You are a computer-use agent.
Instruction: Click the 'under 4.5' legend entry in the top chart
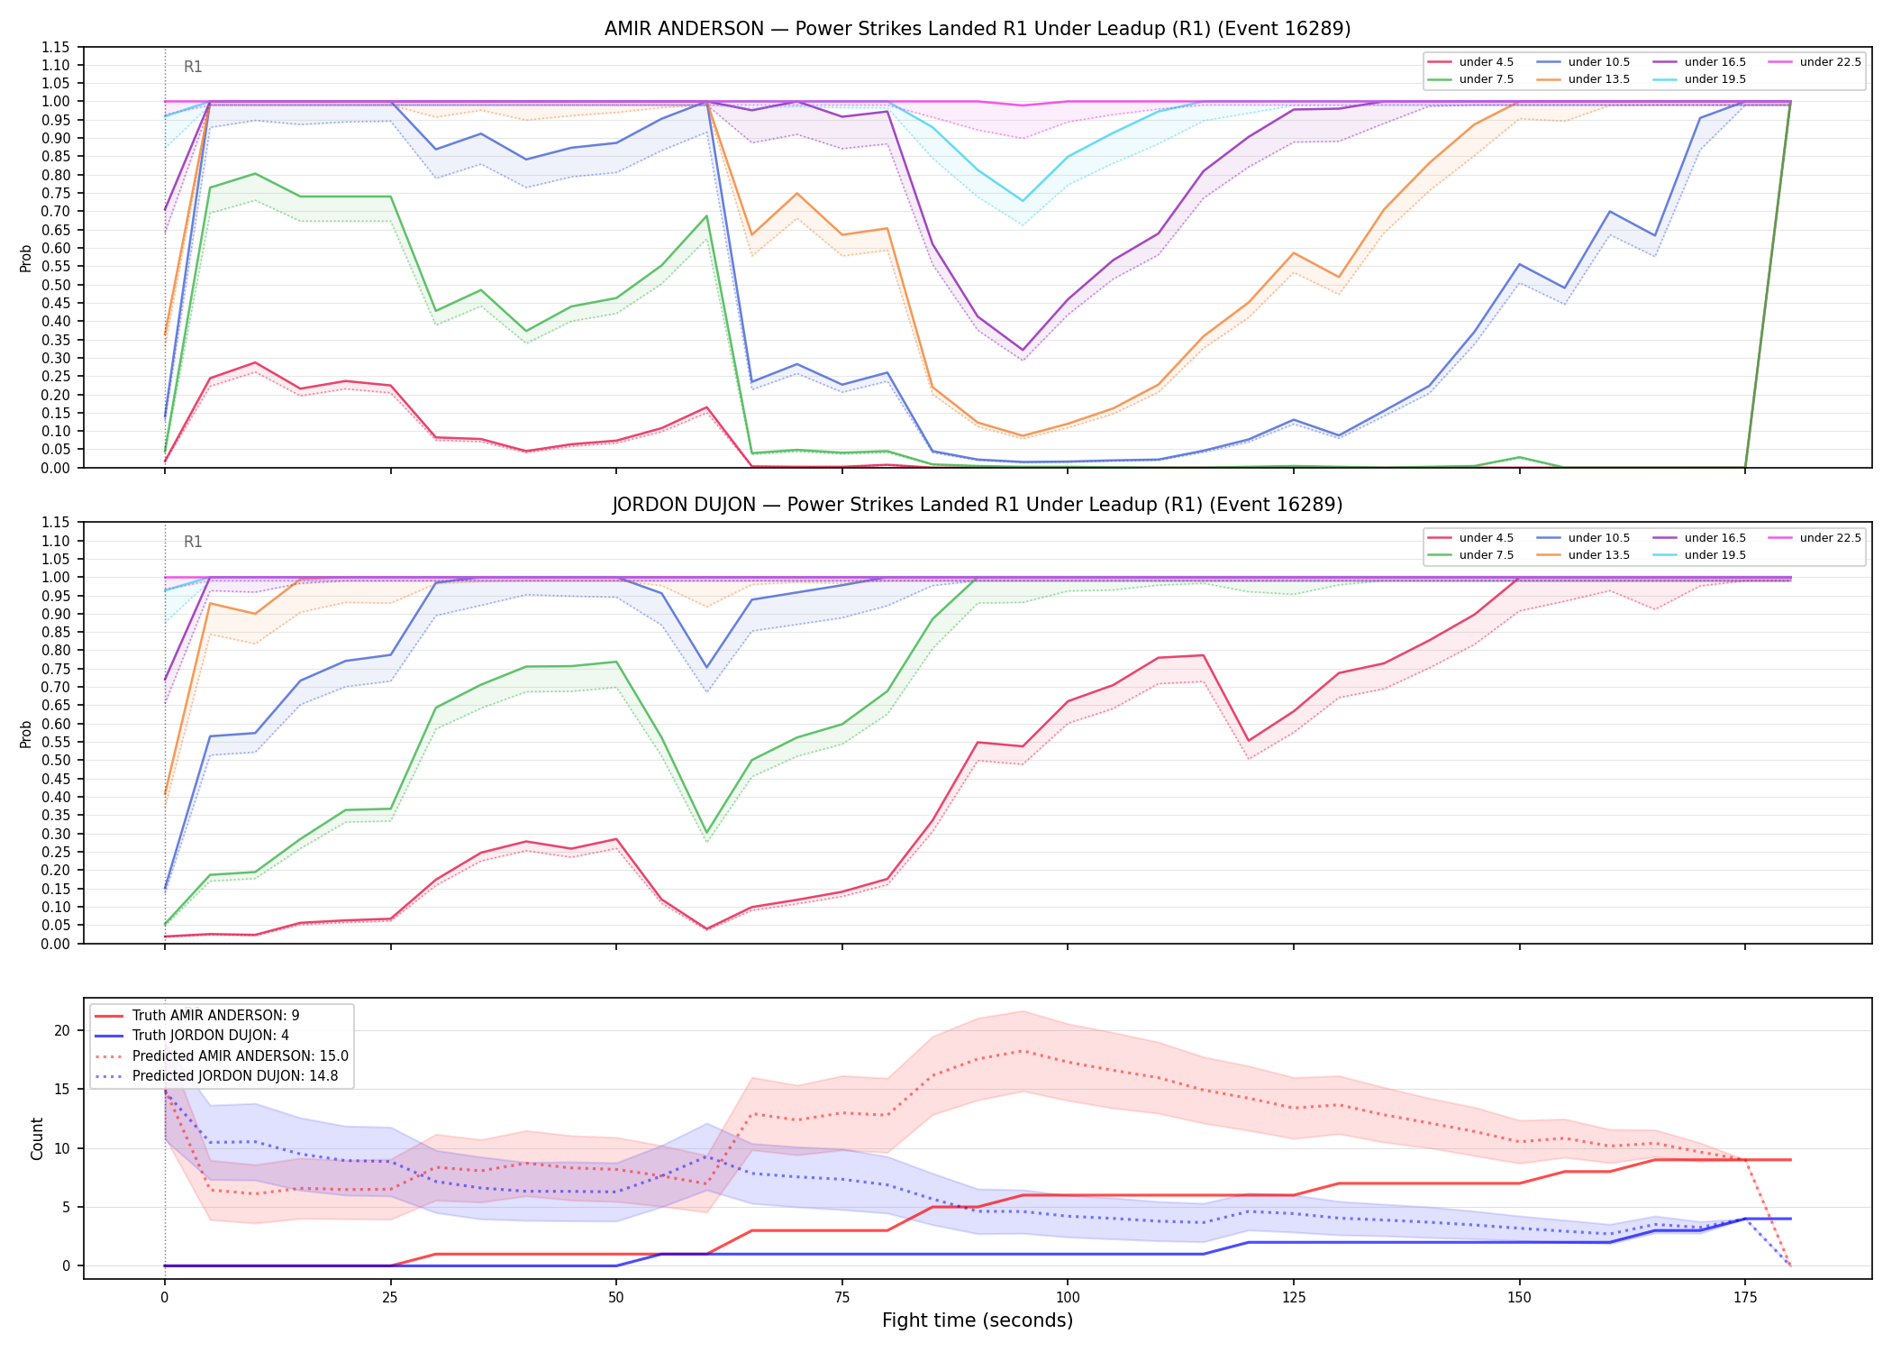(1471, 62)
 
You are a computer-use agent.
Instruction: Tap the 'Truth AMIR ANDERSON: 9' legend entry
(197, 1015)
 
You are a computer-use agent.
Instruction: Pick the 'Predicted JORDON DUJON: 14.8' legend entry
(216, 1076)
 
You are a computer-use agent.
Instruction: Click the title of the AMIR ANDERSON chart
(978, 29)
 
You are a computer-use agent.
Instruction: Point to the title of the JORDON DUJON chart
(978, 505)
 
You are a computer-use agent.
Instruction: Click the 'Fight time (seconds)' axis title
(978, 1320)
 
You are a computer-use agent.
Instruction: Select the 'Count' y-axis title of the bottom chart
(37, 1138)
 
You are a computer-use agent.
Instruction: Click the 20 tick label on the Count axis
(62, 1030)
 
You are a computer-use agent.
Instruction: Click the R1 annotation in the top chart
(193, 67)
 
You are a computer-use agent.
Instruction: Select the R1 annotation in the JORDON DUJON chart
(193, 542)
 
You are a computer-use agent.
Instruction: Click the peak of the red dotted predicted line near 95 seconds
(1022, 1051)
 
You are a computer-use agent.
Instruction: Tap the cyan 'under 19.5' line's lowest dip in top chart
(1022, 201)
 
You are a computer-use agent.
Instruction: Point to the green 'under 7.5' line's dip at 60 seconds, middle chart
(706, 833)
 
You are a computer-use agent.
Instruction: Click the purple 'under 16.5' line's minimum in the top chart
(1022, 350)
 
